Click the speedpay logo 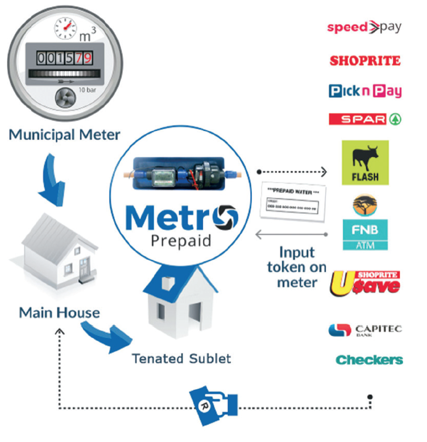(364, 27)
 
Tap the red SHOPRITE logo (365, 61)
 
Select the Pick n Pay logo (365, 91)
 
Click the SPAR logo (364, 119)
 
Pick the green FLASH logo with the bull (365, 162)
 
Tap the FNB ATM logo (365, 235)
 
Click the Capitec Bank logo (365, 331)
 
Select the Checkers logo (369, 360)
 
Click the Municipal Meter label (64, 134)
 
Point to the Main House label (59, 313)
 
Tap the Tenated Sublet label (181, 359)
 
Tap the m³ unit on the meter (87, 35)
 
